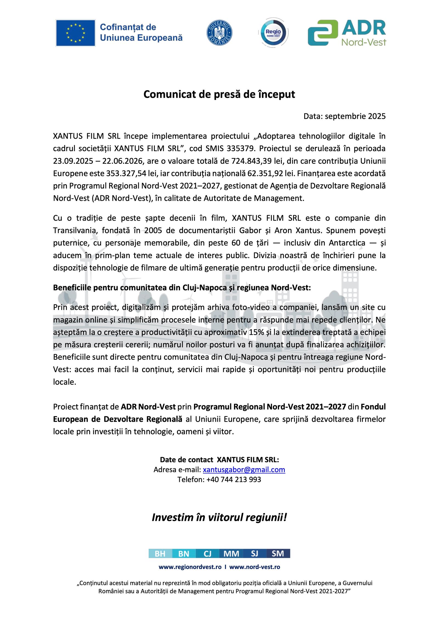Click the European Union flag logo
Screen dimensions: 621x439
point(75,33)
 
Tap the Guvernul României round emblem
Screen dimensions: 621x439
point(219,33)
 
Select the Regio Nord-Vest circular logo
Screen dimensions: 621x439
point(273,33)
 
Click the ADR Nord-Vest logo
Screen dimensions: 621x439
point(347,33)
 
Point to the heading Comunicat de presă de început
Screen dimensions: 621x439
point(219,94)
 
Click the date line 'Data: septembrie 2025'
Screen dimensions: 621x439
point(344,116)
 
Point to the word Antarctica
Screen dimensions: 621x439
point(347,243)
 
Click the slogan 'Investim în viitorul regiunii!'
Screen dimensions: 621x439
point(219,517)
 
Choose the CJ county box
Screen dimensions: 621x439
point(207,553)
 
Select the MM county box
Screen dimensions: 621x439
point(231,553)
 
